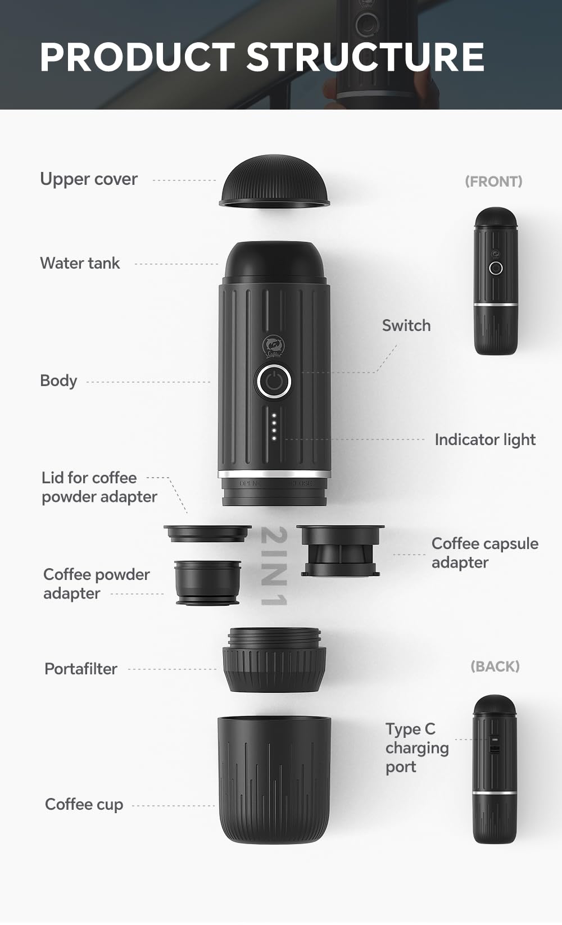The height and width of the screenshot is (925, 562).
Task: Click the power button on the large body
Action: (274, 382)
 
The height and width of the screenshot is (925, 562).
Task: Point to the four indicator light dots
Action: (274, 427)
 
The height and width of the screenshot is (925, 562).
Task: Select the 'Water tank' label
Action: (80, 263)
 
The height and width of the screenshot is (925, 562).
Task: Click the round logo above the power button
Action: (274, 346)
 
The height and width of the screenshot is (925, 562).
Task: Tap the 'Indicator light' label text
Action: (484, 439)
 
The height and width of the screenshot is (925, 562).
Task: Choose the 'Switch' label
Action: (406, 325)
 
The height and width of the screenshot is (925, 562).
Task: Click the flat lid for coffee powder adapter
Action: (207, 533)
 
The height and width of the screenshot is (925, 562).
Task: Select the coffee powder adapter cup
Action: (207, 582)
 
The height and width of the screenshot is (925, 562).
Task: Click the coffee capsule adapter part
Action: (340, 551)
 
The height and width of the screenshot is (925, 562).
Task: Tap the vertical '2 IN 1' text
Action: (274, 566)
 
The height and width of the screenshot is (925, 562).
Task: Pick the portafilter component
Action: (274, 660)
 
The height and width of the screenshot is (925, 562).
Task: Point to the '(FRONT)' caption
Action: (493, 182)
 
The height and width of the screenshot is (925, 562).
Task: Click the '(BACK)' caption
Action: (495, 666)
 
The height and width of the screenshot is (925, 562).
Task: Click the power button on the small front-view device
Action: (496, 268)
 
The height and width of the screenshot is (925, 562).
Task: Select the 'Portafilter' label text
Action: (81, 669)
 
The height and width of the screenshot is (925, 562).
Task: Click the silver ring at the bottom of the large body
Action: (274, 474)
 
